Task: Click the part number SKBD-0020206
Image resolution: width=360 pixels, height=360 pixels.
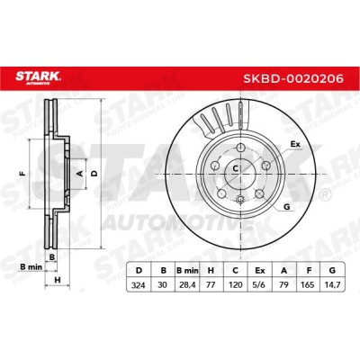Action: click(292, 79)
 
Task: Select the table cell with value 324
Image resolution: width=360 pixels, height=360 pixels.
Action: click(139, 284)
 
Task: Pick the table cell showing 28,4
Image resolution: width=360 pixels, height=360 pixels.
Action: click(187, 284)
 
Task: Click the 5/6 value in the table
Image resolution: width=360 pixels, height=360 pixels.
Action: click(260, 284)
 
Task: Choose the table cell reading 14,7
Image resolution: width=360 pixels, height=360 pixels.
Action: click(332, 284)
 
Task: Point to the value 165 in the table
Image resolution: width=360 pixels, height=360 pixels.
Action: click(308, 284)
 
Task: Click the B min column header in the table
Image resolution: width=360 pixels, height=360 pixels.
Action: click(187, 271)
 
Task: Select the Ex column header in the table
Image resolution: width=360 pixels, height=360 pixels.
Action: click(260, 271)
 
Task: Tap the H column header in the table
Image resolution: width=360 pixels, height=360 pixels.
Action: click(211, 271)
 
